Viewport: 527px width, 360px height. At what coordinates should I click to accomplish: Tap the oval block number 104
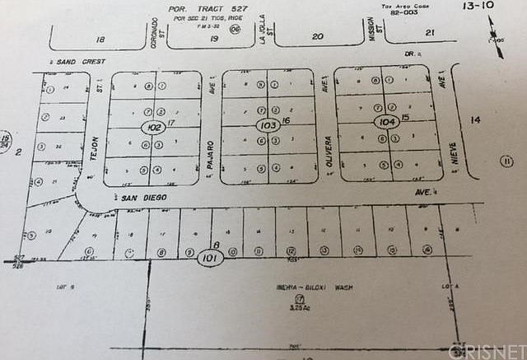pyautogui.click(x=386, y=122)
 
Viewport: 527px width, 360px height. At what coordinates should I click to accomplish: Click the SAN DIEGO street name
pyautogui.click(x=144, y=199)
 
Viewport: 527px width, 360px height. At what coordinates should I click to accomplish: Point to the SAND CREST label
pyautogui.click(x=77, y=62)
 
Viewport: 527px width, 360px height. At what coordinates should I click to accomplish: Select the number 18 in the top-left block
pyautogui.click(x=100, y=39)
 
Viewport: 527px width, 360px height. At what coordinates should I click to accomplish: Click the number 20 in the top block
pyautogui.click(x=317, y=35)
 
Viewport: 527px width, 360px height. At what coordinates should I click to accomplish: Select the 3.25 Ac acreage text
pyautogui.click(x=289, y=307)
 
